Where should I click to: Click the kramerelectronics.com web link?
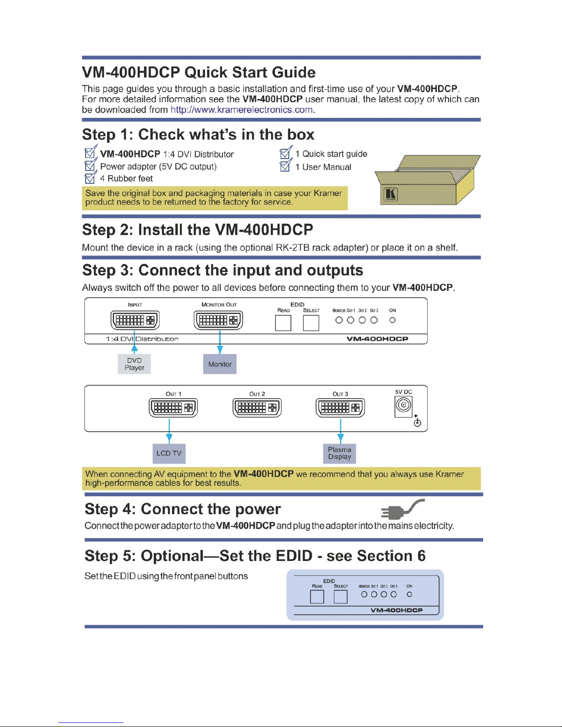(242, 110)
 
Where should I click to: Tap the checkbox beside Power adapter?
(90, 166)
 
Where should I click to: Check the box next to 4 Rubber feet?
(90, 178)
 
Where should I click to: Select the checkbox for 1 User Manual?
(285, 166)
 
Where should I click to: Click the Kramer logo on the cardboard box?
(390, 194)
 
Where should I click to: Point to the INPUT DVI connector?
(135, 320)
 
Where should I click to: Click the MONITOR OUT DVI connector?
(218, 320)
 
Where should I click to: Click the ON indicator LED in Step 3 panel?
(392, 320)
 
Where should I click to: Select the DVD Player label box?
(134, 364)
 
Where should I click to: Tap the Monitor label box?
(220, 364)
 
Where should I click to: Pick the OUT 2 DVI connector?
(257, 407)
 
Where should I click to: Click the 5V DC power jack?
(404, 405)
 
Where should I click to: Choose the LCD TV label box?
(169, 453)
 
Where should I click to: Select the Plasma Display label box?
(339, 453)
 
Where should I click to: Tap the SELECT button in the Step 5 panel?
(340, 597)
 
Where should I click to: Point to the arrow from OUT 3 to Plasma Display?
(340, 431)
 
